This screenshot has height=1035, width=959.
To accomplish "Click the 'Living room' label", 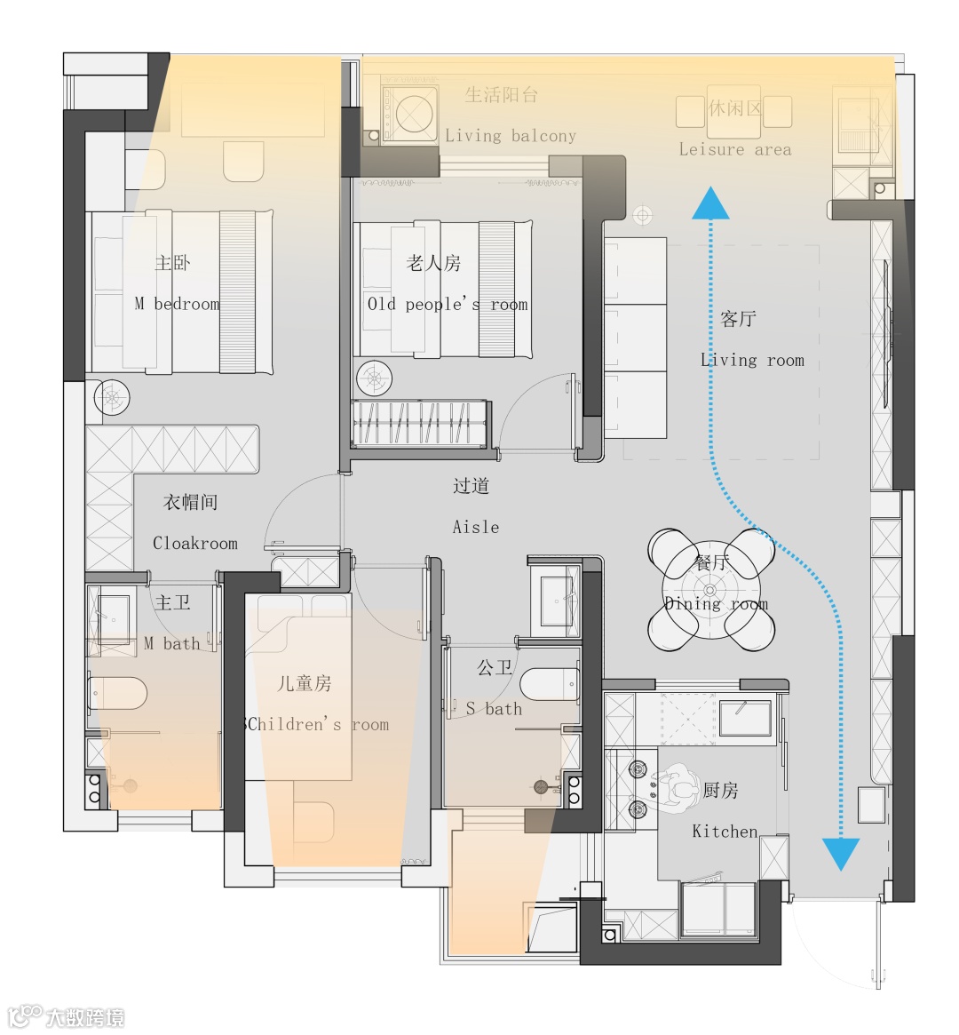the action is (753, 361).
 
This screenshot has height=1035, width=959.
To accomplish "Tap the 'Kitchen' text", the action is (725, 831).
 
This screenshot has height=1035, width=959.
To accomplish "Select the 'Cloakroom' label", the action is (195, 543).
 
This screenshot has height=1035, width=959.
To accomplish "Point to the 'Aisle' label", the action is (476, 527).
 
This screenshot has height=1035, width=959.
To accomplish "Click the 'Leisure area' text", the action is (735, 150).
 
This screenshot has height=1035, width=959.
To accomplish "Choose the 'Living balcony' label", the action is (511, 136).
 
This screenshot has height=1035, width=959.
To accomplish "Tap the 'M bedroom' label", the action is (177, 304).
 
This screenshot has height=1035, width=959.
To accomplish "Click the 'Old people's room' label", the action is (448, 305).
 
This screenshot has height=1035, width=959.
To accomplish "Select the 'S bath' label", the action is (494, 709).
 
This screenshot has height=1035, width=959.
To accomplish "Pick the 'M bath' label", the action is (171, 643).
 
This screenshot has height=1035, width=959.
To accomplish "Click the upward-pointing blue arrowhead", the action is (711, 203).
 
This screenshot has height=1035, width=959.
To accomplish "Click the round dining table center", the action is (710, 589).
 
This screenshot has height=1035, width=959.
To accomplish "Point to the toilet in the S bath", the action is (550, 685).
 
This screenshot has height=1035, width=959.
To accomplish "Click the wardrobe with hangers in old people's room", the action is (421, 423).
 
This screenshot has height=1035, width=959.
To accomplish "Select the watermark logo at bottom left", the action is (66, 1016).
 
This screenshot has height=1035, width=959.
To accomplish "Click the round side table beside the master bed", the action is (112, 398).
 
